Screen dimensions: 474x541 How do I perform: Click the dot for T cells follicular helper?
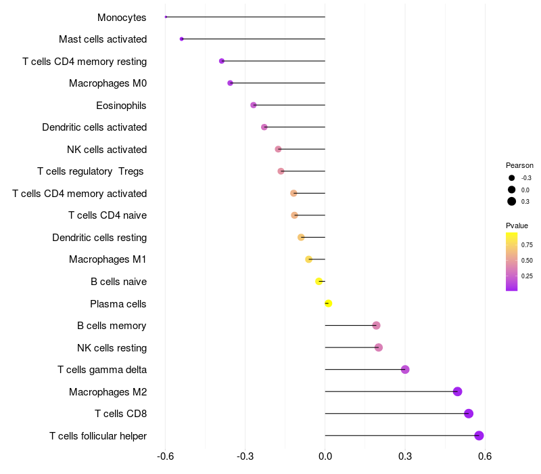[x=479, y=435]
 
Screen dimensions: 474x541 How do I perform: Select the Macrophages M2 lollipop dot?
[x=457, y=391]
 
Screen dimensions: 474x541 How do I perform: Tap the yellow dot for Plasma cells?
[x=328, y=303]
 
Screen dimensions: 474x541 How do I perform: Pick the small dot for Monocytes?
[x=166, y=17]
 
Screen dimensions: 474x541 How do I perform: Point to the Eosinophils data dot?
[x=254, y=105]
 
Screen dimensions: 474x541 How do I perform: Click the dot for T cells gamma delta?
[x=405, y=369]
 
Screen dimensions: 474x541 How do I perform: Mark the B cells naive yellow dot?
[x=319, y=281]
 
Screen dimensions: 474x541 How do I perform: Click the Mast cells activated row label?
[x=103, y=39]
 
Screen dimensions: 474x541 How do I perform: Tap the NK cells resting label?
[x=112, y=348]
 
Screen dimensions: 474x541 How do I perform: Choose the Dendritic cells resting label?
[x=99, y=238]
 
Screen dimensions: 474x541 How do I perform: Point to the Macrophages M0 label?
[x=108, y=83]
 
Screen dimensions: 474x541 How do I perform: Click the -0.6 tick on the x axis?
[x=165, y=456]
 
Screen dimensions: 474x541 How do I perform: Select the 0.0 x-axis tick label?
[x=325, y=456]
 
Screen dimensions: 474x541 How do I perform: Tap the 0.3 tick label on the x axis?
[x=405, y=456]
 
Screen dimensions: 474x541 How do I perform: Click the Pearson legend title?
[x=519, y=165]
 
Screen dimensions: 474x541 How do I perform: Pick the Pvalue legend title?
[x=517, y=225]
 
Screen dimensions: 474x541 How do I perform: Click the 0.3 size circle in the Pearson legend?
[x=512, y=201]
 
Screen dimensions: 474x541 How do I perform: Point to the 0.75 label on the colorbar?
[x=527, y=244]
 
